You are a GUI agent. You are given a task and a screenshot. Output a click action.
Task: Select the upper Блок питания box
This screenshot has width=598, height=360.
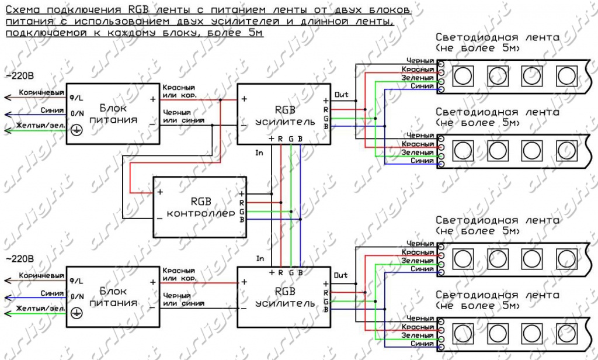(113, 114)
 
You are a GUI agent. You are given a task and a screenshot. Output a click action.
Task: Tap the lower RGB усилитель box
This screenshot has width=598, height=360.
(284, 298)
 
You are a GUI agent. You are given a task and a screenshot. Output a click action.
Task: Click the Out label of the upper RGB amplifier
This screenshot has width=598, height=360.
(341, 94)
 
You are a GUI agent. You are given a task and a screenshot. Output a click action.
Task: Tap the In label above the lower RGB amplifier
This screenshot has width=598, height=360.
(260, 258)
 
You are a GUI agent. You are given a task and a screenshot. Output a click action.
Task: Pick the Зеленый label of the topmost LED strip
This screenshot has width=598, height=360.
(418, 78)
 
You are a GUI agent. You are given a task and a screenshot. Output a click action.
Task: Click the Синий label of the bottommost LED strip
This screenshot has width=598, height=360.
(422, 344)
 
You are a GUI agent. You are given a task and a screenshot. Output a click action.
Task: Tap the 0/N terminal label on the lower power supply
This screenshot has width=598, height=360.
(76, 296)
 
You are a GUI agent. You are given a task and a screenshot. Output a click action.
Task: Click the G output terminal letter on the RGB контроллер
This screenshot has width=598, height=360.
(241, 211)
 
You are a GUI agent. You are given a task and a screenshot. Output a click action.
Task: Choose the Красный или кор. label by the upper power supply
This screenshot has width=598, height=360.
(179, 91)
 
